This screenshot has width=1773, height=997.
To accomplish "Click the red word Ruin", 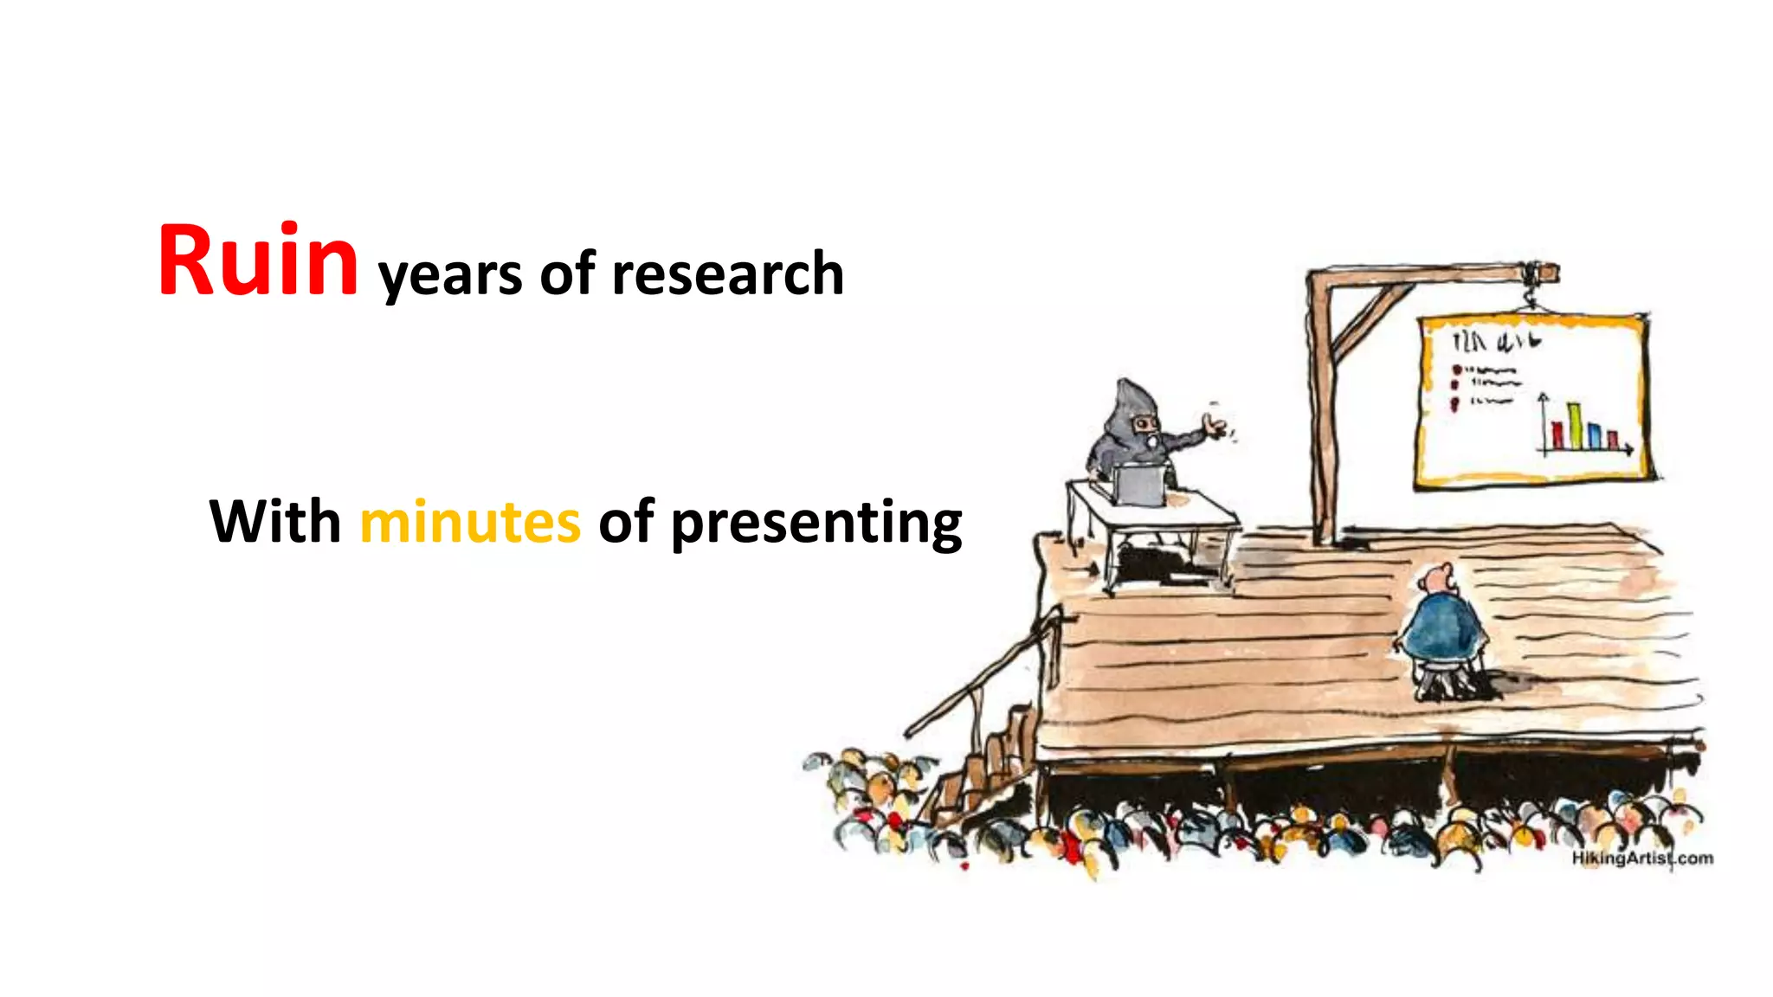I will (258, 261).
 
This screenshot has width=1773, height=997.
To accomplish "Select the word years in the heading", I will (450, 275).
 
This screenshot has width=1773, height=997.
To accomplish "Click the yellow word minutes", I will (470, 522).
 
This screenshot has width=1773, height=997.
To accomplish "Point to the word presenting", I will (816, 524).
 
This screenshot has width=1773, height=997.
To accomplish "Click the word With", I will (275, 522).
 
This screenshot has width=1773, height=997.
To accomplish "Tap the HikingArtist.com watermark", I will (1642, 858).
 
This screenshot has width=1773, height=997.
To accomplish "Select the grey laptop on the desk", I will (1138, 486).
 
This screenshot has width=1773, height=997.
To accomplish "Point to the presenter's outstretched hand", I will (1215, 425).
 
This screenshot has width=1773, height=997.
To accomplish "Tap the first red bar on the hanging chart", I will (1557, 435).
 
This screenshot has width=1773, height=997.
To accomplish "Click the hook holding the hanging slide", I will (1531, 299).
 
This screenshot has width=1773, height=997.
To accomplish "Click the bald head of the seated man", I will (1440, 576).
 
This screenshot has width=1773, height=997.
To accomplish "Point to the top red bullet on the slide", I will (1456, 370).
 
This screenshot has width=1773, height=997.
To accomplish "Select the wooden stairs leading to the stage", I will (987, 762).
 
